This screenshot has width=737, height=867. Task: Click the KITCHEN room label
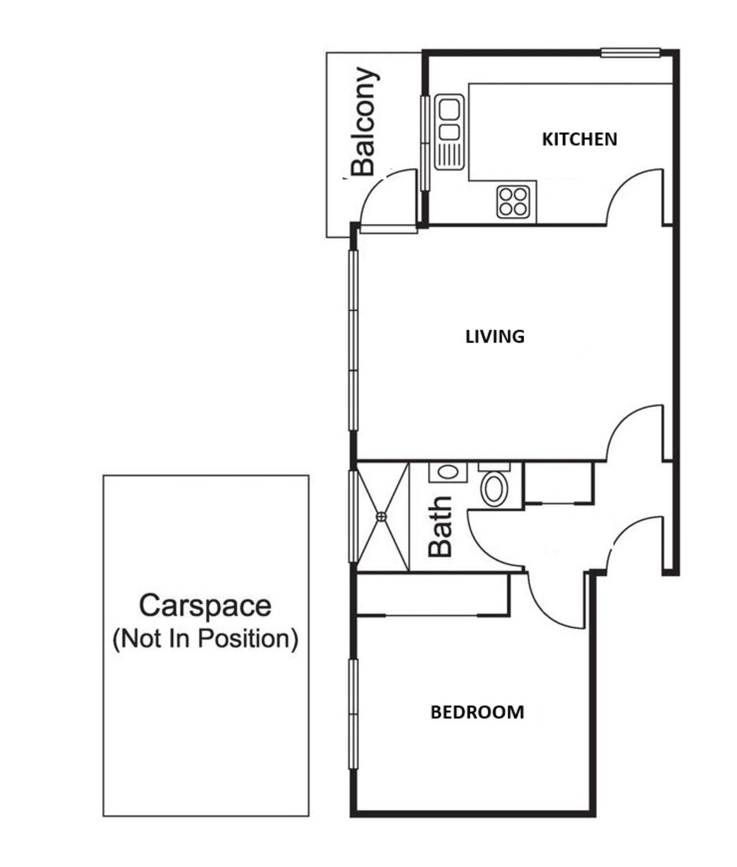click(579, 139)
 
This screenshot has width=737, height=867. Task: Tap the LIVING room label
click(495, 337)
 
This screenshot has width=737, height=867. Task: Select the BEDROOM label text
click(477, 712)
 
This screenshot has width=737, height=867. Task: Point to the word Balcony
click(363, 121)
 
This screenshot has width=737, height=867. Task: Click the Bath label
click(440, 526)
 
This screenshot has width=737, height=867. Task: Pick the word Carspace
click(205, 606)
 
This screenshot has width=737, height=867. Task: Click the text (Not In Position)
click(205, 639)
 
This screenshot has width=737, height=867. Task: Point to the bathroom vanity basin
click(448, 472)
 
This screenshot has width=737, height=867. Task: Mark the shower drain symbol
click(381, 516)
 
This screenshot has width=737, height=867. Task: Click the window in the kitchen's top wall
click(631, 53)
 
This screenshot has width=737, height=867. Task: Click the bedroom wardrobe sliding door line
click(431, 615)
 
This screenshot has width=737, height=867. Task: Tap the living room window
click(354, 340)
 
